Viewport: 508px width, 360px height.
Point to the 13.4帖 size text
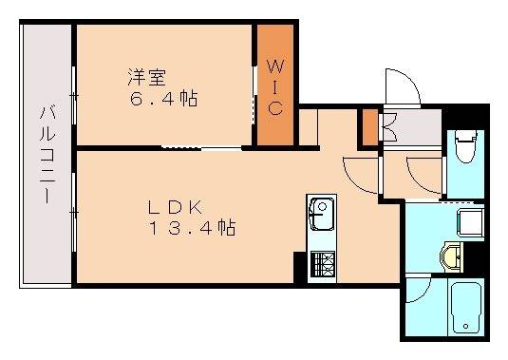(x=191, y=228)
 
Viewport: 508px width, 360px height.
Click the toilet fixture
(x=464, y=146)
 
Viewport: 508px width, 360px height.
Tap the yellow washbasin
(x=452, y=255)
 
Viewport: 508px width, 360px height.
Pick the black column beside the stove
(x=300, y=263)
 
